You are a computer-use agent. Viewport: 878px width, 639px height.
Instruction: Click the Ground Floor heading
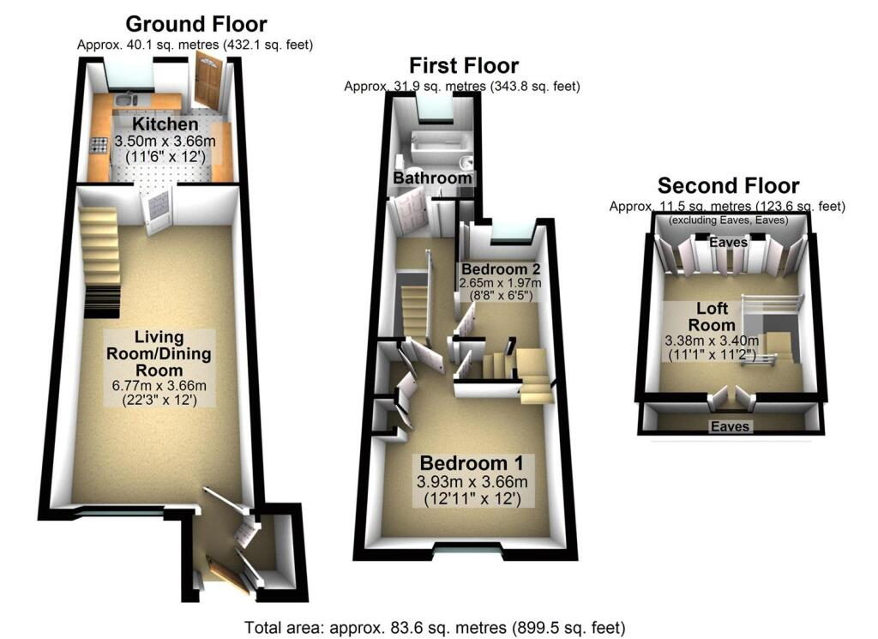(196, 24)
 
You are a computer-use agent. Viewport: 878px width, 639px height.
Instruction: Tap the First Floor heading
(464, 65)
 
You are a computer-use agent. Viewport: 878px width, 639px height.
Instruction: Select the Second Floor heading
(728, 185)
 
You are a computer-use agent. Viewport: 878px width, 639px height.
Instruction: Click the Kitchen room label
(165, 124)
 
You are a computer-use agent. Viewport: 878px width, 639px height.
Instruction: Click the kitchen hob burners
(99, 146)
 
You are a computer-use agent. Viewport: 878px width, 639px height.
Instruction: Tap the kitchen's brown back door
(208, 80)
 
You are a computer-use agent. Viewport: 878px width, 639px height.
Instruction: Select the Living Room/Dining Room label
(159, 353)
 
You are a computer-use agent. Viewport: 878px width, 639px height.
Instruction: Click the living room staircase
(101, 262)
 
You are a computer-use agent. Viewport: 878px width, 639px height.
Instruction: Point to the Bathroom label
(432, 178)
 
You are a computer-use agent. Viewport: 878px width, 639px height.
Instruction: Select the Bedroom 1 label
(472, 463)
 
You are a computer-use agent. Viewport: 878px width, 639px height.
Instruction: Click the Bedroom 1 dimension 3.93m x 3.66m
(472, 482)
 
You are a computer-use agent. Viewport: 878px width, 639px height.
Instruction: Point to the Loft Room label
(712, 316)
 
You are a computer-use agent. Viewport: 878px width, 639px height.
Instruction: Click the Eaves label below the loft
(730, 427)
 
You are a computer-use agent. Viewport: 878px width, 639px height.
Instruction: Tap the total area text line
(435, 628)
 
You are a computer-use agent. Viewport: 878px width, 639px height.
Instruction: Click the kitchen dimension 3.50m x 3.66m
(165, 141)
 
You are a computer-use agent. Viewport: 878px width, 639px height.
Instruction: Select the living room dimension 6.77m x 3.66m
(159, 385)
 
